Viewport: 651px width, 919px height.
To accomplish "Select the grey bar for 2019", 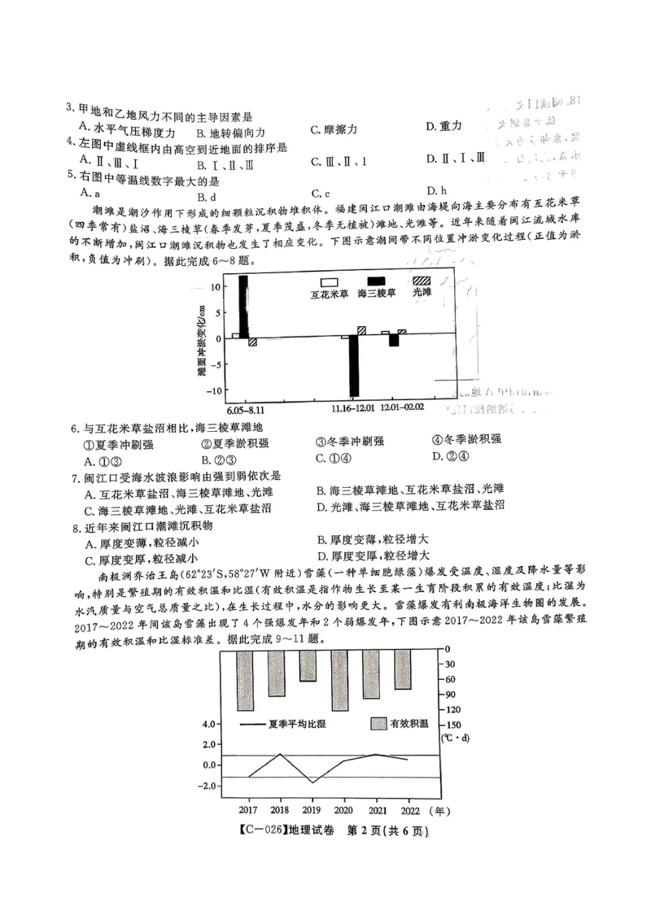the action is coord(307,664).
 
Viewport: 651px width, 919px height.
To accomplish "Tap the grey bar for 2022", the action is coord(401,668).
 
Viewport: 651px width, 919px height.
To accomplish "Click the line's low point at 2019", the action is coord(311,782).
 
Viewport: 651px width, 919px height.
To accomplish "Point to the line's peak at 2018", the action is coord(280,754).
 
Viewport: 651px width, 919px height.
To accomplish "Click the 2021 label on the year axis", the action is coord(376,811).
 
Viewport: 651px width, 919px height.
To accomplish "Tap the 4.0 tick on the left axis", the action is coord(209,724).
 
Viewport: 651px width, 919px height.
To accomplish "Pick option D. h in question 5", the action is coord(436,191).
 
